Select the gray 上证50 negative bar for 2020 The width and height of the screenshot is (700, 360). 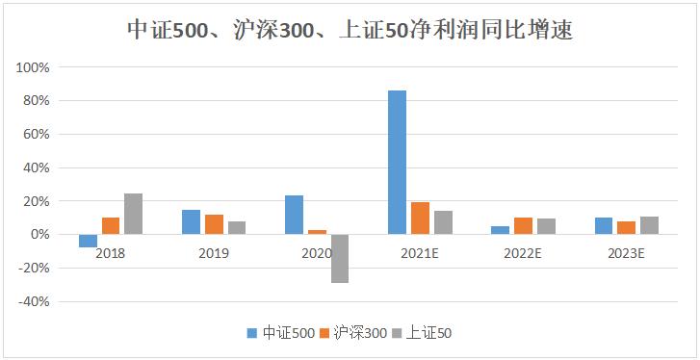(340, 258)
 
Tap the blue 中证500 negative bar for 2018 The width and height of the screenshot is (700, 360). (89, 241)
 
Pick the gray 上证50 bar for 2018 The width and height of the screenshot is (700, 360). (134, 214)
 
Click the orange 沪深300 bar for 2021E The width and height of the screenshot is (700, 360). (420, 218)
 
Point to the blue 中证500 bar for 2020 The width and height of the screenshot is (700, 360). (294, 215)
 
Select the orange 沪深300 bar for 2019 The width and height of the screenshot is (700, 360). (214, 224)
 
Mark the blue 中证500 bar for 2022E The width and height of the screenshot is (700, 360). (500, 230)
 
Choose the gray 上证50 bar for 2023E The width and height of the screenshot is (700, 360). (649, 225)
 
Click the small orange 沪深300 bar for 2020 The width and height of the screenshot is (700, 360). (317, 232)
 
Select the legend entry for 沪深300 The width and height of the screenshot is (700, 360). (359, 333)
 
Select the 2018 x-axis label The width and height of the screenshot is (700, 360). (111, 253)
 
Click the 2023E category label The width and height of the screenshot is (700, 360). (626, 253)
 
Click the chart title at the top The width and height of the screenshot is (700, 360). (350, 30)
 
